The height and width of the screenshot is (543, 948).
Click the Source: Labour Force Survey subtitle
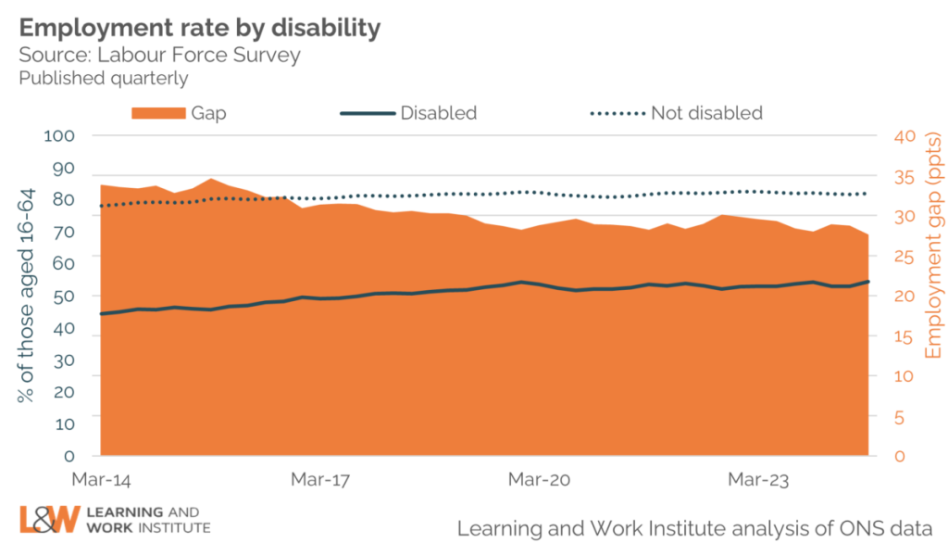[x=160, y=55]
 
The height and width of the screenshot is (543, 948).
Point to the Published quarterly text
[x=104, y=78]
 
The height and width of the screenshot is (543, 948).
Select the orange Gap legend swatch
[x=158, y=113]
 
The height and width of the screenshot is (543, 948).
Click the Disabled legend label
[x=438, y=113]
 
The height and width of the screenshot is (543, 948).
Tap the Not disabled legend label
[x=706, y=113]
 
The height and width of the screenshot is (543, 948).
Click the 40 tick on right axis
[x=904, y=136]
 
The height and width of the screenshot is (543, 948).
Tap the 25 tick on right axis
[x=904, y=257]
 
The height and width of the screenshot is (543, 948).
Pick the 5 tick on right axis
[x=900, y=417]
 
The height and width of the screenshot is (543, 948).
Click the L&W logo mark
[x=48, y=520]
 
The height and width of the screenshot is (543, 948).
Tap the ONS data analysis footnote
[x=693, y=527]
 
